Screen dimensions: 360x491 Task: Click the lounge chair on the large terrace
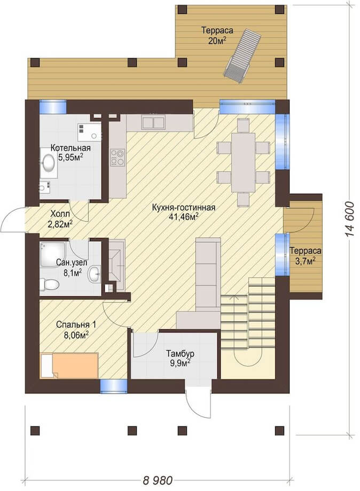pos(242,57)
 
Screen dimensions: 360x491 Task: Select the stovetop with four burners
pos(118,157)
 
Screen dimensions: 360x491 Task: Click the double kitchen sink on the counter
pos(153,122)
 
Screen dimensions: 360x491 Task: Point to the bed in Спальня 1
pos(69,365)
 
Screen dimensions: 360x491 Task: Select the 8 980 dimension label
pos(158,480)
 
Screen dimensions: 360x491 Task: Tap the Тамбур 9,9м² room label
pos(180,358)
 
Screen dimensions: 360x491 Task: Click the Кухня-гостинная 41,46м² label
pos(184,212)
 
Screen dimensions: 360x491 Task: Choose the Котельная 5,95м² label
pos(71,153)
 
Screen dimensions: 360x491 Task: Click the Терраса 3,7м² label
pos(305,256)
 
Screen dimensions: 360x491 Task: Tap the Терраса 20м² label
pos(217,35)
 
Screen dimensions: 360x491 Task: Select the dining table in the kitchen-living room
pos(243,162)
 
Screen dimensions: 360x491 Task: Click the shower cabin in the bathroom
pos(53,254)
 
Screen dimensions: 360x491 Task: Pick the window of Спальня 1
pos(114,386)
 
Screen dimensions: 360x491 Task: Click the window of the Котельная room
pos(53,106)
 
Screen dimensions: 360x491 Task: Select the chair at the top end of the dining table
pos(243,125)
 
